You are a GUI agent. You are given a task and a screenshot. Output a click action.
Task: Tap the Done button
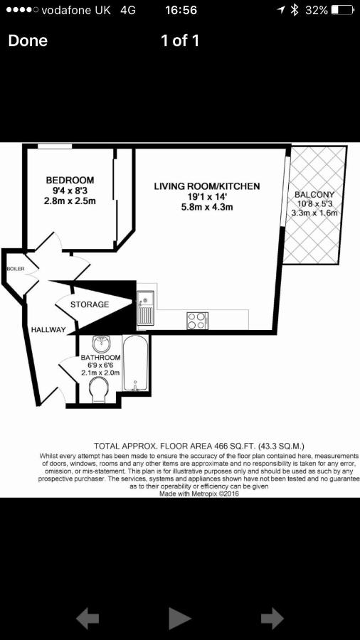(x=28, y=41)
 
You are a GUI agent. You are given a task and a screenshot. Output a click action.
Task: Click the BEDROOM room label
(x=70, y=180)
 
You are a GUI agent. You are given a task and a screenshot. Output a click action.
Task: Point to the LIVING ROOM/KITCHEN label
(x=207, y=186)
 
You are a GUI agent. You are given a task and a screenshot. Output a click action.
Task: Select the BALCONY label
(x=314, y=195)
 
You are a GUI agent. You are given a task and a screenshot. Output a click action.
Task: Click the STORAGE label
(x=90, y=304)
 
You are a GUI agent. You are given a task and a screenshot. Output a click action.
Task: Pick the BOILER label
(x=16, y=269)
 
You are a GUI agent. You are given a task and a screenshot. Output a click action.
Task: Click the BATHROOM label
(x=100, y=356)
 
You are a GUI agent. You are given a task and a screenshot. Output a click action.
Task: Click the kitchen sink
(x=145, y=308)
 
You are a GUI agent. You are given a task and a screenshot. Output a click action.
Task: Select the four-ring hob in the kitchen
(x=198, y=321)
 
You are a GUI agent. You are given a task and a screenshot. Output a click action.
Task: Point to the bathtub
(x=135, y=363)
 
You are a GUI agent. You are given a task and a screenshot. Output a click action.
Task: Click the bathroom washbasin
(x=100, y=343)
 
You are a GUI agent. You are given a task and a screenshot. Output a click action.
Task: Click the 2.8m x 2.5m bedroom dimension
(x=70, y=201)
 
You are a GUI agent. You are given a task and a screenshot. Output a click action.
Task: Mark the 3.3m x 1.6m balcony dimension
(x=314, y=213)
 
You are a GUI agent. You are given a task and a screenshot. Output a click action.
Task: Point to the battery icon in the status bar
(x=342, y=10)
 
